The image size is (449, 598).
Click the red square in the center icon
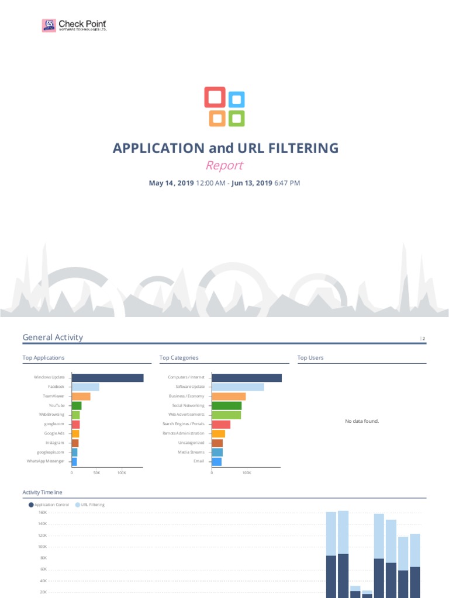[215, 97]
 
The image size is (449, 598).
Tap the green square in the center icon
[236, 118]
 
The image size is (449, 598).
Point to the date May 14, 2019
[171, 183]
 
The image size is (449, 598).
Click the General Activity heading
[53, 338]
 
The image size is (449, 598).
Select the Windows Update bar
[107, 378]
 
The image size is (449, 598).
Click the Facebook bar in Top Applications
[85, 387]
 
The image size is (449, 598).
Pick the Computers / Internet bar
[246, 378]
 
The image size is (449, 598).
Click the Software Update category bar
[237, 387]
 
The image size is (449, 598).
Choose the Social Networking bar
[226, 405]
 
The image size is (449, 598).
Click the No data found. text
[362, 420]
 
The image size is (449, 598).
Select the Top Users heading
[310, 357]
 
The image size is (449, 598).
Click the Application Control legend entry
[50, 505]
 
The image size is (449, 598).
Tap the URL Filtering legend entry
[92, 505]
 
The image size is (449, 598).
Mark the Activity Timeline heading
[42, 493]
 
